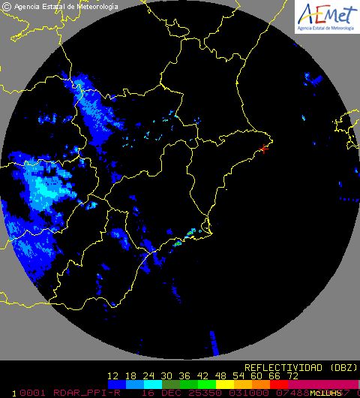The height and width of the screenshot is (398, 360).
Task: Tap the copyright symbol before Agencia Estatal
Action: click(7, 7)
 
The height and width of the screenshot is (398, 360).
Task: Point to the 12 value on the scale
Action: click(114, 375)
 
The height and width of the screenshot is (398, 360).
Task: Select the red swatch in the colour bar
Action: click(277, 384)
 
